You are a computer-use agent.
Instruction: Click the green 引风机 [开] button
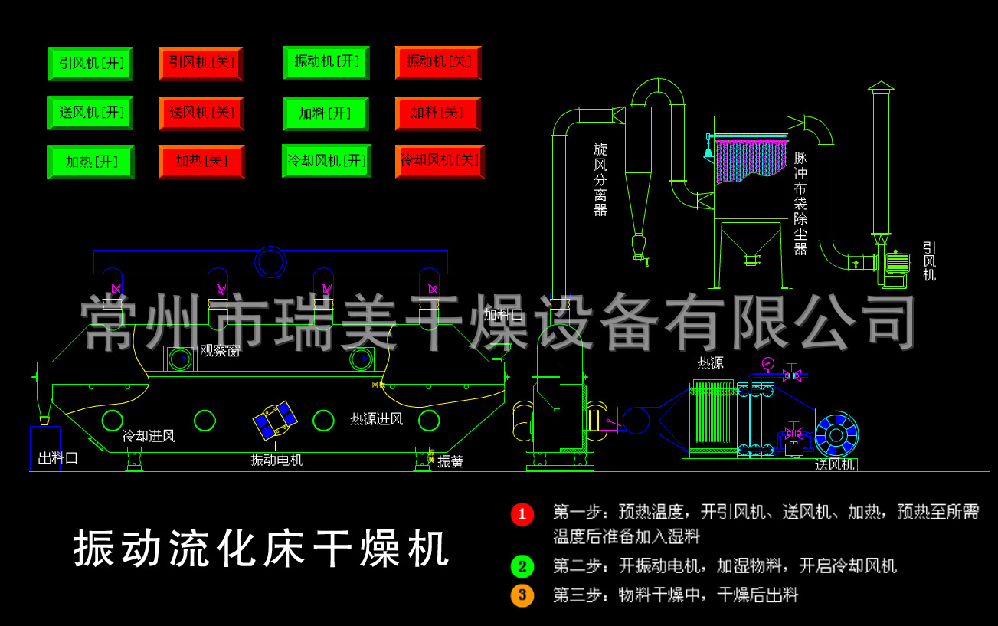(x=90, y=64)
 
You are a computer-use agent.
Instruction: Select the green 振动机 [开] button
(x=326, y=62)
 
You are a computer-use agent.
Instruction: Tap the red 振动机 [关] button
(x=438, y=62)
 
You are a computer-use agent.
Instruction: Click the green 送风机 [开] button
(x=90, y=113)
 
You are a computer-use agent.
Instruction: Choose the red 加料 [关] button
(x=437, y=113)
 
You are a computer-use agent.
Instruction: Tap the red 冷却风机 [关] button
(x=440, y=161)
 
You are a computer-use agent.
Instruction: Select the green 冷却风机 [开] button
(x=326, y=161)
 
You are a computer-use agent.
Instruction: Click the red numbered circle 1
(x=522, y=514)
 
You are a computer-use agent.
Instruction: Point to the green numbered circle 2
(x=522, y=567)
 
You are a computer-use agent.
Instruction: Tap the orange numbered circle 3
(x=522, y=595)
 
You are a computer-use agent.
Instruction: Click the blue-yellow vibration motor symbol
(x=275, y=420)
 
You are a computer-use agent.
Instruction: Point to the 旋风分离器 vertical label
(x=600, y=179)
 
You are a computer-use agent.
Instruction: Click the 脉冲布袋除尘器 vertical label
(x=800, y=203)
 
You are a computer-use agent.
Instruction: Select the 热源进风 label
(x=376, y=419)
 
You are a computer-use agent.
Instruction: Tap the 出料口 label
(x=58, y=458)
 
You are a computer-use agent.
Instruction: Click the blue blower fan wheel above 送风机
(x=836, y=434)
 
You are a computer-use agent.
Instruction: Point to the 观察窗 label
(x=220, y=351)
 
